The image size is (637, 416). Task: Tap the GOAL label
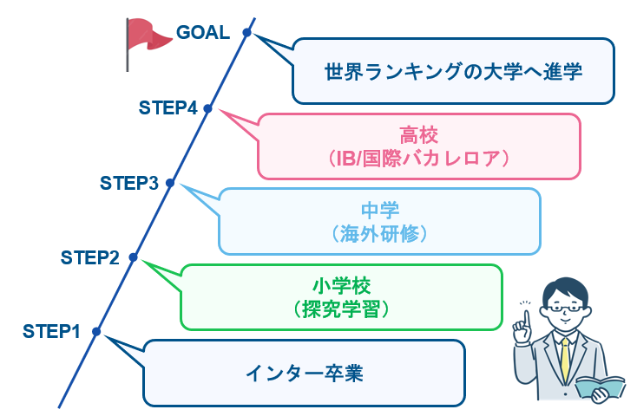(203, 33)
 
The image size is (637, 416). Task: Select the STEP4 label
(168, 108)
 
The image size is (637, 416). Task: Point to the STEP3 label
(129, 183)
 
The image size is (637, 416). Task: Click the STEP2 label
(90, 257)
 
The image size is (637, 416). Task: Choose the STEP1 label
(51, 331)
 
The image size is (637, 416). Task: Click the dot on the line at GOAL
(247, 33)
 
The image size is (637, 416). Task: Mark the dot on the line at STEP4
(207, 108)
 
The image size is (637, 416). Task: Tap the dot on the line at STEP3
(170, 183)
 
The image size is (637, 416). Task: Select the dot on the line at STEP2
(133, 257)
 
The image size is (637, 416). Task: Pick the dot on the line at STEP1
(95, 331)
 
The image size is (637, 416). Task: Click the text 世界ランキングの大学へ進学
(452, 70)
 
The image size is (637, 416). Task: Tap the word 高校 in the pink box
(419, 135)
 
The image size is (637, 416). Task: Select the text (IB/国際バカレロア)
(419, 159)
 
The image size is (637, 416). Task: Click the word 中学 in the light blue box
(379, 210)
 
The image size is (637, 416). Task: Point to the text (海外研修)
(379, 233)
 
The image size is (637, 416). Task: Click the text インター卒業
(303, 374)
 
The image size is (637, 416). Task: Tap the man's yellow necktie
(566, 357)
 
